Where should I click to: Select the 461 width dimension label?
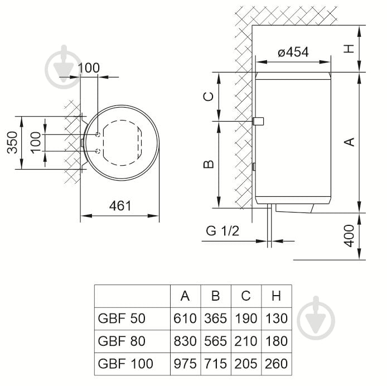pos(120,206)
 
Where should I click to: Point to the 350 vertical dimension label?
pos(11,143)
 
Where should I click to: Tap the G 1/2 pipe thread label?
pos(222,231)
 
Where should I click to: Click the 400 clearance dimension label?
pos(349,236)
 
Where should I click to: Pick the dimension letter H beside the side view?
pos(349,48)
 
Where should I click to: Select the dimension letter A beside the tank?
pos(349,142)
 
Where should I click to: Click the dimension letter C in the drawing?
pos(207,96)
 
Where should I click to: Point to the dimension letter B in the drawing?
pos(207,164)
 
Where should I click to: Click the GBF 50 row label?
pos(122,319)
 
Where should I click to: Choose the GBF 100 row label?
pos(125,364)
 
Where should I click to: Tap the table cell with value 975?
pos(185,364)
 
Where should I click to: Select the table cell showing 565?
pos(215,341)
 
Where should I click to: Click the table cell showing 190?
pos(245,319)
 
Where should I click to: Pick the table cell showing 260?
pos(276,364)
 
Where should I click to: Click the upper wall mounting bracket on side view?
pos(258,121)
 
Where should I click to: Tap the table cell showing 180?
pos(276,341)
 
